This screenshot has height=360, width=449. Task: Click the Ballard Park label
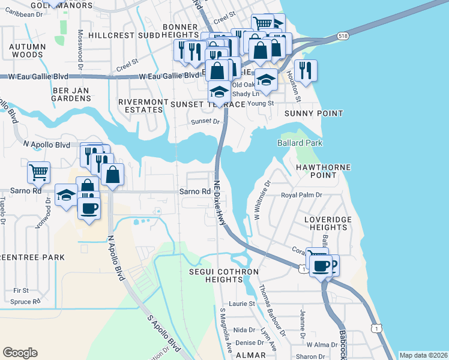tap(300, 143)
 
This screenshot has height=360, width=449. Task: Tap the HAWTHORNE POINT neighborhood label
tap(322, 170)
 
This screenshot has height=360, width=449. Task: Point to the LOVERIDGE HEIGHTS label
tap(327, 224)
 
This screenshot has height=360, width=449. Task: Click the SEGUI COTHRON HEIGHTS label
tap(223, 276)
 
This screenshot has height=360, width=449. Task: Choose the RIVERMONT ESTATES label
tap(143, 106)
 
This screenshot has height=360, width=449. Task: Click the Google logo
tap(20, 353)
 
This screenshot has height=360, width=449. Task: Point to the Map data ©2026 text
tap(423, 355)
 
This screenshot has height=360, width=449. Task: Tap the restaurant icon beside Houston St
tap(305, 71)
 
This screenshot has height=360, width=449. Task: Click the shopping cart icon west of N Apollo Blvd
tap(38, 173)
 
